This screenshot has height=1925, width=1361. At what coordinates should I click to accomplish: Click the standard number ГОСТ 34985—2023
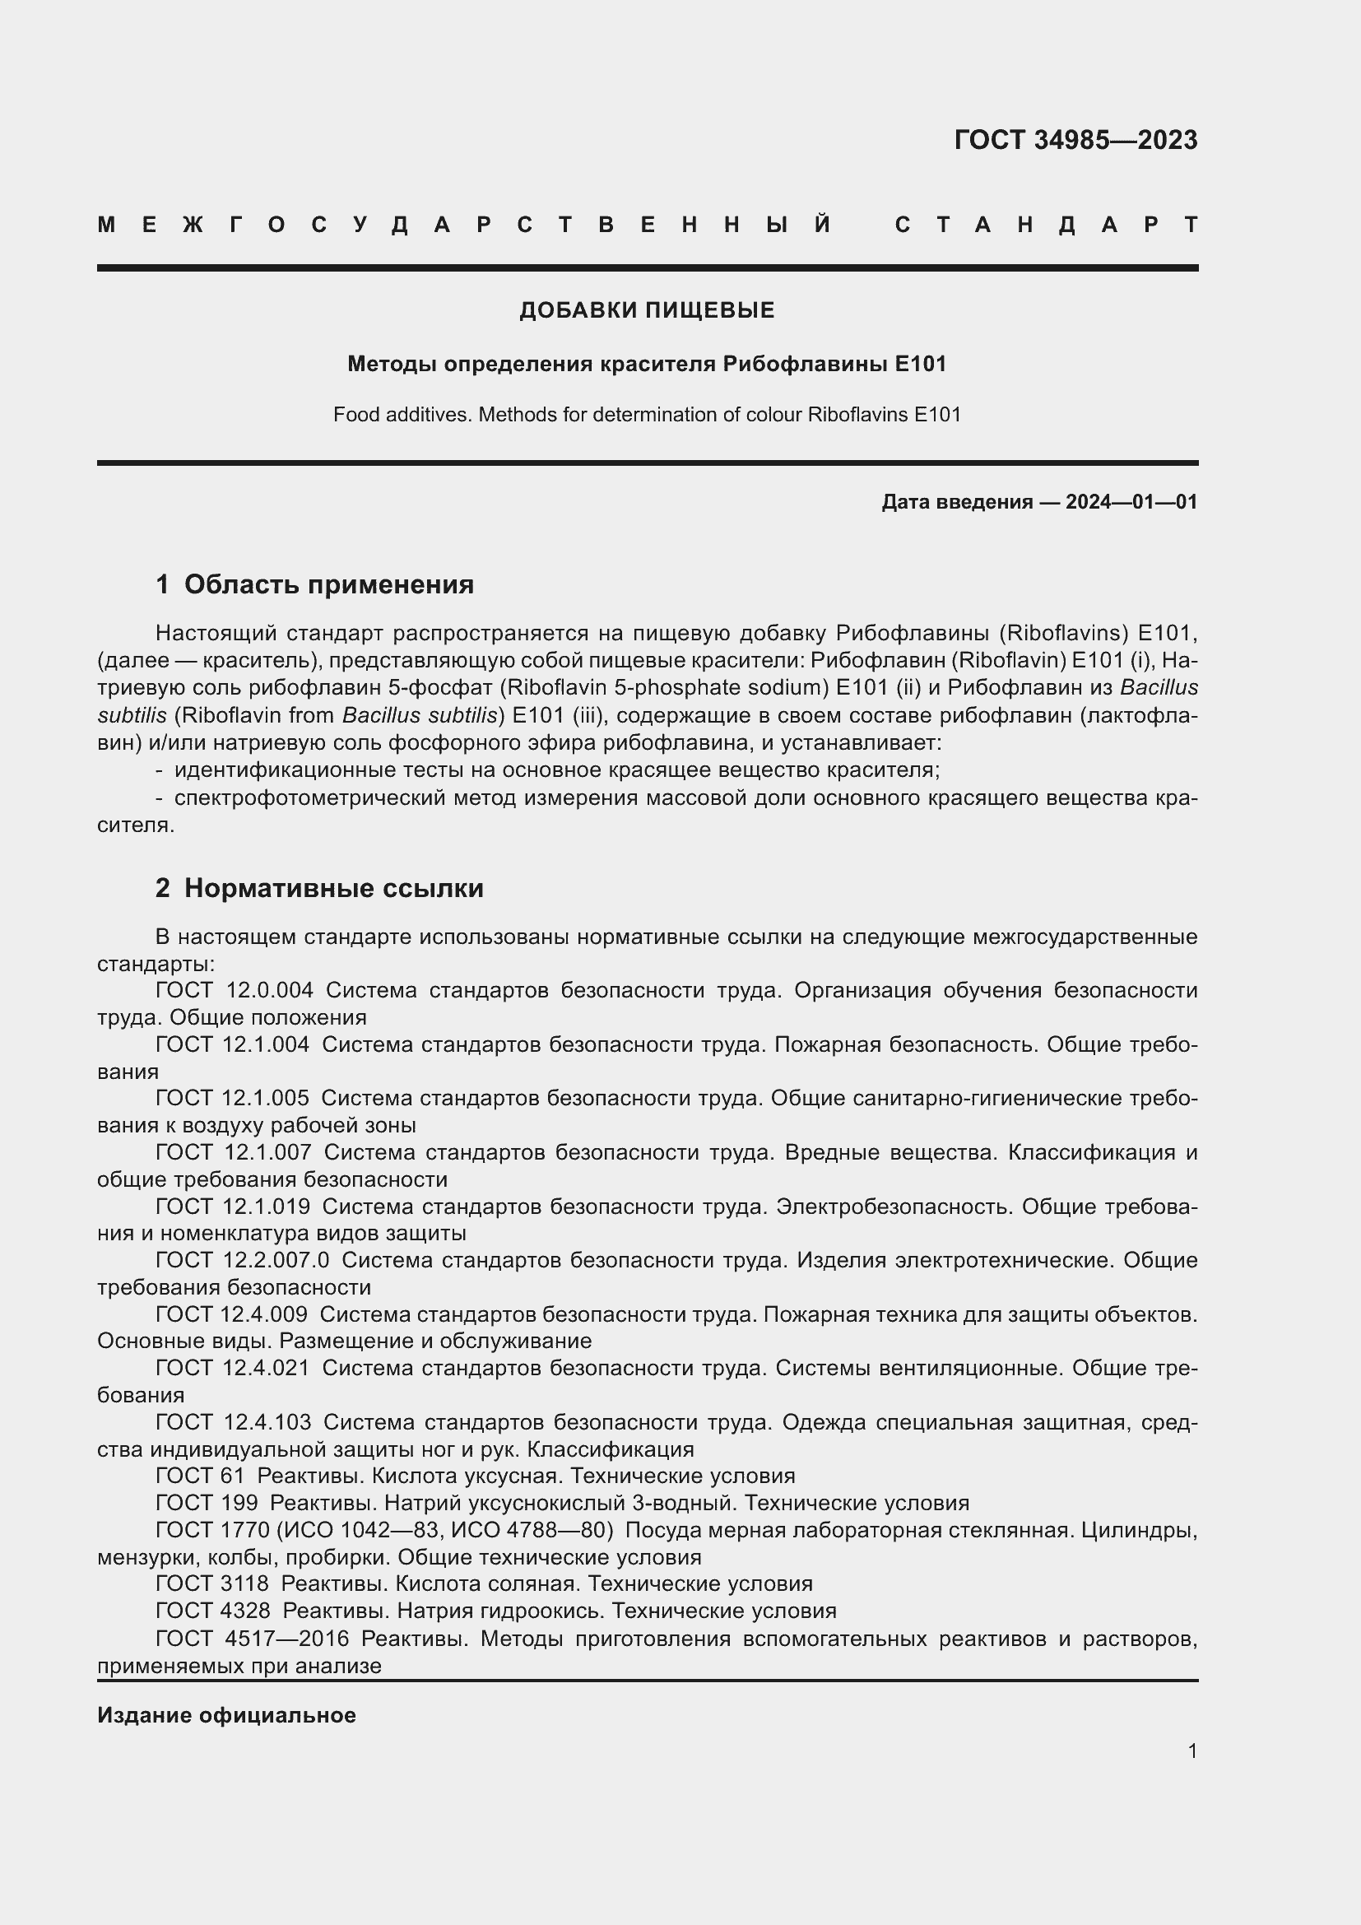click(1075, 140)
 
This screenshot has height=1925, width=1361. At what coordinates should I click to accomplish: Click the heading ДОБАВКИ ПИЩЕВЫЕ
click(647, 310)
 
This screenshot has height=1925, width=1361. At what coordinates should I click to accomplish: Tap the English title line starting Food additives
click(647, 414)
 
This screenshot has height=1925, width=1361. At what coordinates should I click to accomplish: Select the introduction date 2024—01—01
click(1131, 502)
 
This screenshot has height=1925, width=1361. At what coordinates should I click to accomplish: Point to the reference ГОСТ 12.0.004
click(235, 990)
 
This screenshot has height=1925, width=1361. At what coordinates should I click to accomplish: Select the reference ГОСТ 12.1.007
click(234, 1152)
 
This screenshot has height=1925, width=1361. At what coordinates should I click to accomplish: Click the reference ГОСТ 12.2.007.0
click(242, 1260)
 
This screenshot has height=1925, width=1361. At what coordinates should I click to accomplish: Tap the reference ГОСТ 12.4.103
click(234, 1422)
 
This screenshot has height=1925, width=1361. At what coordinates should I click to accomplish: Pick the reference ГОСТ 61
click(199, 1476)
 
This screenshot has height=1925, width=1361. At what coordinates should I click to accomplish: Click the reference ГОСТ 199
click(207, 1503)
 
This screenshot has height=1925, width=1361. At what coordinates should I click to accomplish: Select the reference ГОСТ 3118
click(212, 1583)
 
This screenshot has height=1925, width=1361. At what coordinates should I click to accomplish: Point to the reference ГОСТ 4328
click(213, 1611)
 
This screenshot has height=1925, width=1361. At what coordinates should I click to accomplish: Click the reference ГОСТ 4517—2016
click(253, 1639)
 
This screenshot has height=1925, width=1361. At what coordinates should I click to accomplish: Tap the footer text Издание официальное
click(226, 1715)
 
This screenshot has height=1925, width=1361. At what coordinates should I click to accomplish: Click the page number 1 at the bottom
click(1191, 1751)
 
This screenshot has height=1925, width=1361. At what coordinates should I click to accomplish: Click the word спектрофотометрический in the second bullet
click(309, 797)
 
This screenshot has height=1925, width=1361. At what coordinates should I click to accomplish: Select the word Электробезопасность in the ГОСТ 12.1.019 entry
click(893, 1207)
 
